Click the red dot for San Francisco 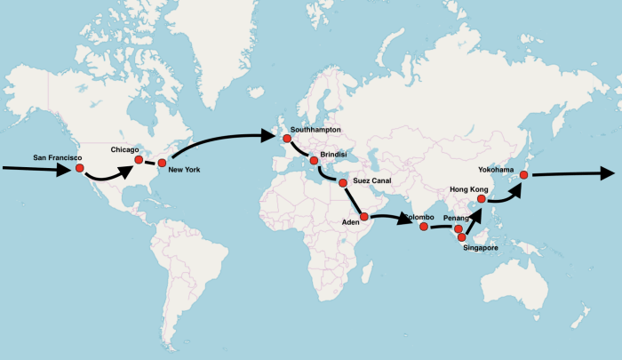coord(79,168)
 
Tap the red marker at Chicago coord(139,159)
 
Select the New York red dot coord(162,163)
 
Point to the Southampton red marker coord(286,138)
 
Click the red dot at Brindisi coord(314,161)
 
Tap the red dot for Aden coord(364,217)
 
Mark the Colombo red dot coord(423,227)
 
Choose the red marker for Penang coord(459,229)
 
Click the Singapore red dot coord(462,237)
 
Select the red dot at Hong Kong coord(481,199)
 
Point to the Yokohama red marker coord(524,175)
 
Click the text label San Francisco coord(58,157)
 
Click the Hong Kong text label coord(471,188)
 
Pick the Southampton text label coord(315,130)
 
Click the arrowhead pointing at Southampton coord(270,136)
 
